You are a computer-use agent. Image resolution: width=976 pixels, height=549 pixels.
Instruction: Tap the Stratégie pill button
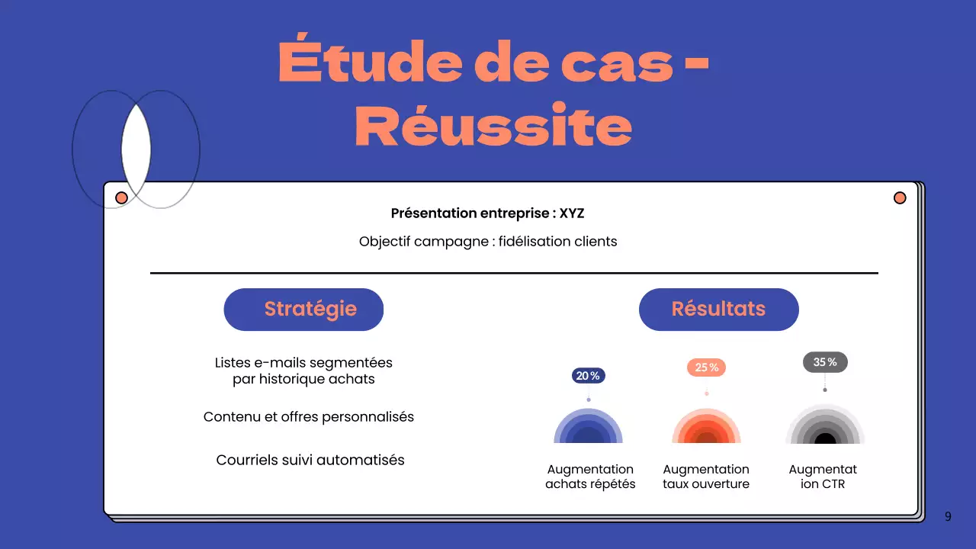point(303,310)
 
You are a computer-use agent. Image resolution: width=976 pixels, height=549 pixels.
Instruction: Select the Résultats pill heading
point(718,310)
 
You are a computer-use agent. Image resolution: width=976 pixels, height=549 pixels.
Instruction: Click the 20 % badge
point(588,376)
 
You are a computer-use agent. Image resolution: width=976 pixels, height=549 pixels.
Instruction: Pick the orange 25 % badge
point(706,368)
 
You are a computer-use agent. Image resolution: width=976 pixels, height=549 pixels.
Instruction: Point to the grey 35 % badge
point(825,362)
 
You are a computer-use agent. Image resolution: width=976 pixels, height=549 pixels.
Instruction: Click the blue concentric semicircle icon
point(588,429)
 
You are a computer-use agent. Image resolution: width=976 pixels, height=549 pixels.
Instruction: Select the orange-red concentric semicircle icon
point(706,429)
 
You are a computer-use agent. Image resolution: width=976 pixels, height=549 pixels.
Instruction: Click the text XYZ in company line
point(572,213)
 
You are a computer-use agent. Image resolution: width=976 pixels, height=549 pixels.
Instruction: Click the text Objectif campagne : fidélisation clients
point(488,242)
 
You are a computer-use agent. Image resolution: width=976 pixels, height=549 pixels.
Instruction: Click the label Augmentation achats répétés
point(590,477)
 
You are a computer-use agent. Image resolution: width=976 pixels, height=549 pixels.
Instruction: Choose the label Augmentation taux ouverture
point(706,477)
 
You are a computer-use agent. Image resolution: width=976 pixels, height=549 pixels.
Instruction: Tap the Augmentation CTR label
point(823,477)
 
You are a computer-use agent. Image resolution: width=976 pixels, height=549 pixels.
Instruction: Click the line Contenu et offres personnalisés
point(309,417)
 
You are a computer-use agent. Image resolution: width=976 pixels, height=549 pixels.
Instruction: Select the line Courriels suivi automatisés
point(310,460)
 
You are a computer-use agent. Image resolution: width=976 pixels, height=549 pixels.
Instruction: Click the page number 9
point(948,517)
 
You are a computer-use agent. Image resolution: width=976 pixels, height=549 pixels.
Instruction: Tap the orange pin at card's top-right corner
point(900,198)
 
